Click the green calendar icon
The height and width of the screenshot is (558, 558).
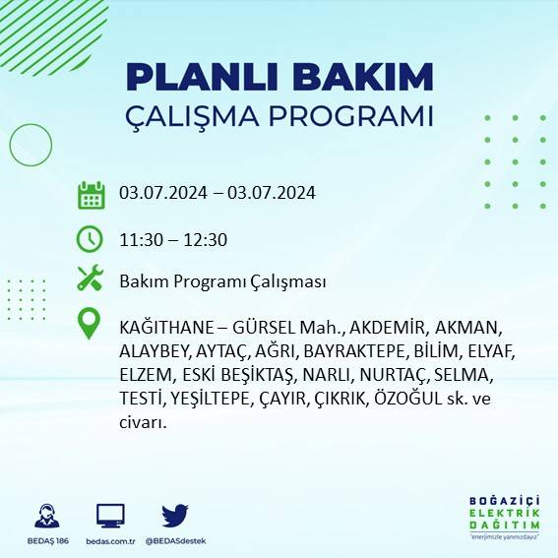(x=91, y=194)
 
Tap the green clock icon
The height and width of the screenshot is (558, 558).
(x=91, y=238)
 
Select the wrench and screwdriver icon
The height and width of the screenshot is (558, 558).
(x=91, y=279)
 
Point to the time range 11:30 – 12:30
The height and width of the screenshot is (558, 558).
(x=173, y=239)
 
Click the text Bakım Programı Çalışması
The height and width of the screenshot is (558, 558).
(x=222, y=281)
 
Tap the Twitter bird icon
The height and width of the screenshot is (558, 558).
(x=175, y=516)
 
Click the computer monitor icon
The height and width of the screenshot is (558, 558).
(x=110, y=516)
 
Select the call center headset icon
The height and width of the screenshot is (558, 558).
(x=45, y=516)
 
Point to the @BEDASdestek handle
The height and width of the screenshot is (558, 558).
(x=175, y=541)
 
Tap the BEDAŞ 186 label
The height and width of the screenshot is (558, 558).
(x=45, y=541)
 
